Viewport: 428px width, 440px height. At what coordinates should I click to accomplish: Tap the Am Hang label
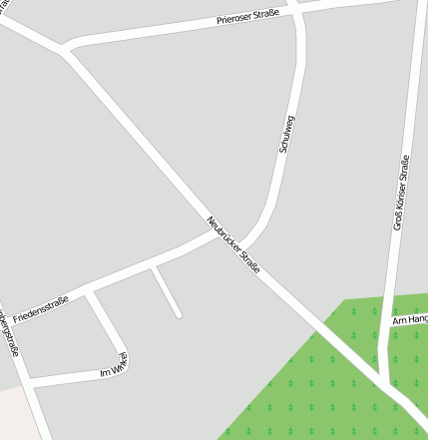409,319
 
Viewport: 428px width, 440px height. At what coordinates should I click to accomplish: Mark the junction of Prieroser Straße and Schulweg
296,10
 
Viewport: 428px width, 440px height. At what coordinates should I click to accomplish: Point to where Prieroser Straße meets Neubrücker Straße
65,50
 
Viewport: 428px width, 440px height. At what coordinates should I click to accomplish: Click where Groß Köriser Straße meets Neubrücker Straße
384,381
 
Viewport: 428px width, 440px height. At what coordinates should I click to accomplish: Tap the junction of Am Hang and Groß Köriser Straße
390,324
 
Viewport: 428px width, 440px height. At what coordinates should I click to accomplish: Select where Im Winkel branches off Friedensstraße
89,292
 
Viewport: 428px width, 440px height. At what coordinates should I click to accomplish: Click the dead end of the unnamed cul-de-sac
179,315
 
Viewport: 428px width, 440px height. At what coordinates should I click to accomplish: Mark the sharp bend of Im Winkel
126,356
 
